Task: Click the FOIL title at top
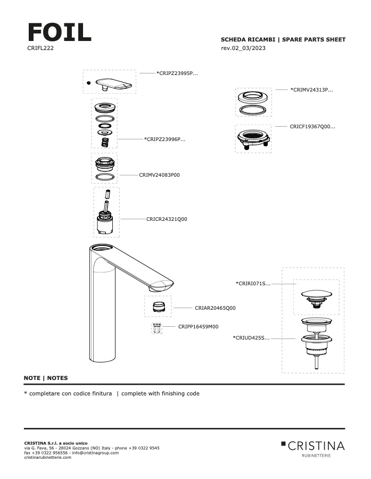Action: (x=59, y=32)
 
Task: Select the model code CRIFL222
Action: (x=40, y=48)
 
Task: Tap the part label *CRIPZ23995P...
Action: (x=177, y=73)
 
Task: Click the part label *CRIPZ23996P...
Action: (x=164, y=139)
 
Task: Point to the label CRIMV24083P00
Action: (x=159, y=175)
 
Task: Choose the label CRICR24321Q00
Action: (x=167, y=219)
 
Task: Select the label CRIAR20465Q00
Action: (x=215, y=308)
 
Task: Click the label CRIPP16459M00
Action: (x=198, y=327)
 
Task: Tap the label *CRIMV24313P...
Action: (x=311, y=90)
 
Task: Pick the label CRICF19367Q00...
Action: (x=312, y=127)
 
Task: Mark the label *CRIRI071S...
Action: (x=253, y=284)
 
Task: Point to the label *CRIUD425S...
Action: (x=251, y=337)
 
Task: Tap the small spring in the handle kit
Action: (x=105, y=142)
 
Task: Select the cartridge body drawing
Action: (x=106, y=224)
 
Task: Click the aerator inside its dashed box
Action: (x=158, y=307)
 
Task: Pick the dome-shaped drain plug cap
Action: (x=316, y=294)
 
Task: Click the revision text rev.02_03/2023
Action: (x=243, y=48)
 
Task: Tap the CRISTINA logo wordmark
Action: (x=316, y=445)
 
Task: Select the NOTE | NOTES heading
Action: (x=46, y=378)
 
